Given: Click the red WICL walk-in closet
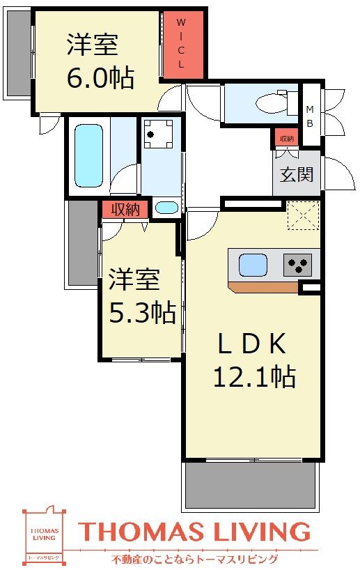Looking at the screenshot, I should (183, 45).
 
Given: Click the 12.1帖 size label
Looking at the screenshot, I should (253, 376).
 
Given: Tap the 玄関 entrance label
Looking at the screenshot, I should (296, 174).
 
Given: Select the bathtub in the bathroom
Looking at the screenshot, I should (88, 155).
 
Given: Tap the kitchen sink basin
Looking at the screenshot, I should (252, 265).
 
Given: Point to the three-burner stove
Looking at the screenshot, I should (297, 265).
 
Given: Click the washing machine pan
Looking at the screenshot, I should (158, 134).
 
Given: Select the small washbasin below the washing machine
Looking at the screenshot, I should (166, 207).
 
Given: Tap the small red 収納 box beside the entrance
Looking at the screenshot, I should (285, 139).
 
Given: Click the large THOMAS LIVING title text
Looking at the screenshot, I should (194, 532).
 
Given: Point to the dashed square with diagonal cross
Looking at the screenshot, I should (304, 215).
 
